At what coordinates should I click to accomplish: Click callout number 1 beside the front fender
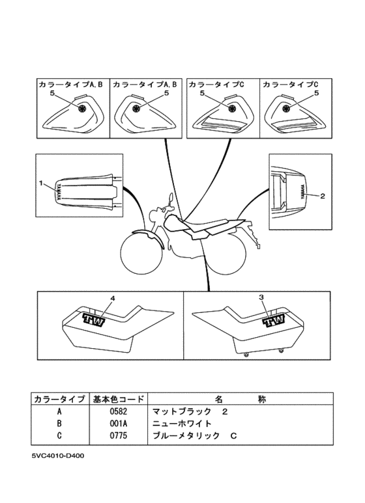pos(41,183)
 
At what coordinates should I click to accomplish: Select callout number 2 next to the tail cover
pos(323,195)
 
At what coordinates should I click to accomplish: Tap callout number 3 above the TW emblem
pos(261,297)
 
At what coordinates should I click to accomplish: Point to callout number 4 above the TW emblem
pos(113,297)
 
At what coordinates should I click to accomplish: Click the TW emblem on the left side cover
pos(94,319)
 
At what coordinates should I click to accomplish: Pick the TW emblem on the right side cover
pos(274,321)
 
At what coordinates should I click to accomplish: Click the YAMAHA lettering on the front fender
pos(59,191)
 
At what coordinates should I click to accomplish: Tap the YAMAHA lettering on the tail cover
pos(302,192)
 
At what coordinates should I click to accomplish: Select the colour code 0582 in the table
pos(118,411)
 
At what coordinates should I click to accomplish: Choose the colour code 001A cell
pos(118,424)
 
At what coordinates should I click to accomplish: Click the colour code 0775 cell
pos(118,435)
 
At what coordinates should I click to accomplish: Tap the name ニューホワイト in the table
pos(182,424)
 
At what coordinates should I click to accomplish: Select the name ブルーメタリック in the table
pos(186,435)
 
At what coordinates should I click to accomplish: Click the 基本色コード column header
pos(118,399)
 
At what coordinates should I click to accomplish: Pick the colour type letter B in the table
pos(59,424)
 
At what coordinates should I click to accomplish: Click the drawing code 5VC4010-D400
pos(58,455)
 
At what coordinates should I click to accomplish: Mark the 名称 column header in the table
pos(241,399)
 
